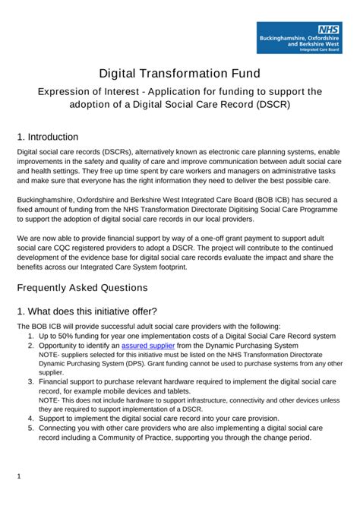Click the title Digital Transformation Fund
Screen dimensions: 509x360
point(179,74)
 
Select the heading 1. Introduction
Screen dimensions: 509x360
point(47,137)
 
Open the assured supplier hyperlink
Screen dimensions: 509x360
point(148,345)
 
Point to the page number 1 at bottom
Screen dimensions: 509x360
point(19,476)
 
